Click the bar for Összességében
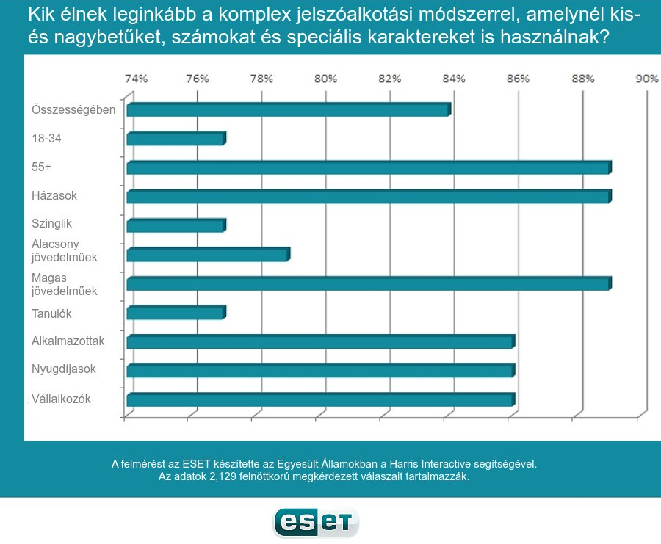[x=288, y=110]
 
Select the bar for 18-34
[x=176, y=139]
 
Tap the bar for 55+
[x=369, y=168]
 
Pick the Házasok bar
[x=369, y=197]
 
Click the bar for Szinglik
[x=176, y=225]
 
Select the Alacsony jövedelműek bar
[x=208, y=255]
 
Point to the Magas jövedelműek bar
[x=369, y=283]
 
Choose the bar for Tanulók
[x=176, y=313]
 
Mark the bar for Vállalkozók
[x=320, y=399]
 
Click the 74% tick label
[x=136, y=79]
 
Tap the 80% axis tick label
[x=326, y=79]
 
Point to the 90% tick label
[x=647, y=79]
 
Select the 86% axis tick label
[x=518, y=79]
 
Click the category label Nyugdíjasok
[x=64, y=369]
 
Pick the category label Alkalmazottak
[x=68, y=341]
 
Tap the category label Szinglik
[x=52, y=223]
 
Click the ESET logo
[x=316, y=522]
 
